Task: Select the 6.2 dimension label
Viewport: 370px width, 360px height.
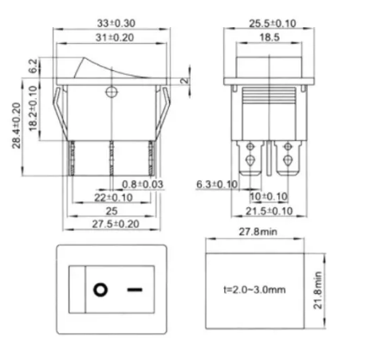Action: (x=33, y=65)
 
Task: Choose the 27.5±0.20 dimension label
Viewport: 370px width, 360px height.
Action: (x=112, y=225)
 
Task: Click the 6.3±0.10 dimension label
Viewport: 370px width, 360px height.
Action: (x=217, y=185)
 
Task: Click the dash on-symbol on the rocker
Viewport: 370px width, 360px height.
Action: (x=133, y=289)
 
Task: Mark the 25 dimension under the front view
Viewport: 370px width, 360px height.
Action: (x=112, y=211)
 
